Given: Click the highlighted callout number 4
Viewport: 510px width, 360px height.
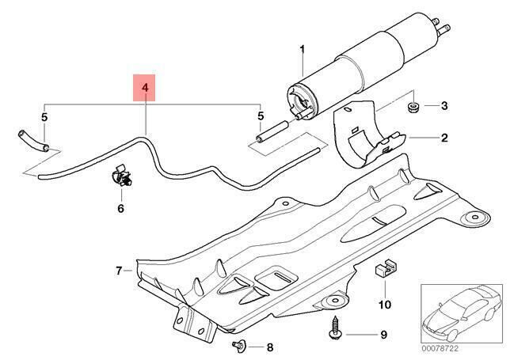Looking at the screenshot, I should pyautogui.click(x=144, y=86).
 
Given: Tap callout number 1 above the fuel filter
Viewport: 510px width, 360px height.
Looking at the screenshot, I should pyautogui.click(x=301, y=51).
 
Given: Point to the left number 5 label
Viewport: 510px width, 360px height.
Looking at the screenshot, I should pyautogui.click(x=45, y=118).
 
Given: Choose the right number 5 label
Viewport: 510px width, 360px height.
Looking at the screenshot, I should pyautogui.click(x=259, y=118).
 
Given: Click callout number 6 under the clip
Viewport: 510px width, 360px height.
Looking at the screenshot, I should pyautogui.click(x=120, y=209).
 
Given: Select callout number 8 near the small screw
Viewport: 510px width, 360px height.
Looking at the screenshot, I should pyautogui.click(x=269, y=347).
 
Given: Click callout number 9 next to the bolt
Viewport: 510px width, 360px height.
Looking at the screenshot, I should pyautogui.click(x=383, y=335).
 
